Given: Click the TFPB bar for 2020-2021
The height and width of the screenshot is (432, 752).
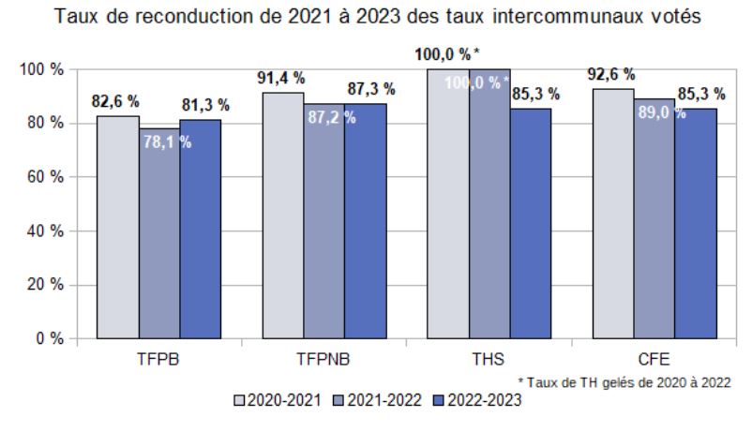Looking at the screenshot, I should (118, 225).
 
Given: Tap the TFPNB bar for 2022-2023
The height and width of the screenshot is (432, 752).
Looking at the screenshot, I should (365, 220).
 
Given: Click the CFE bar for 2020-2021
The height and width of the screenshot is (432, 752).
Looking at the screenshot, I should (613, 213).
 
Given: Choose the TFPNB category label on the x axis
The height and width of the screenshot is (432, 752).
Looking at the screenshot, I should (323, 360).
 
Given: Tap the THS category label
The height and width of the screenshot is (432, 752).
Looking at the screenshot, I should (490, 360).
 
